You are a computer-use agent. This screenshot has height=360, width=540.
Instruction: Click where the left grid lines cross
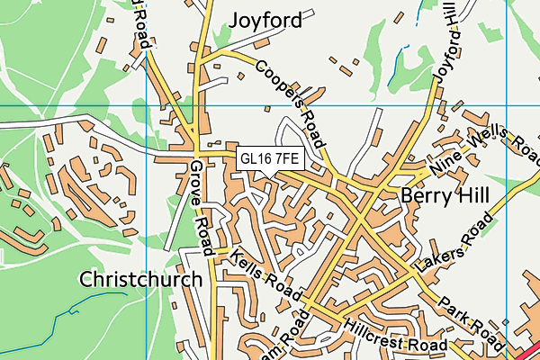click(146, 105)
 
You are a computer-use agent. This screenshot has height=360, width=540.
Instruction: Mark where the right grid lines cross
click(507, 105)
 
